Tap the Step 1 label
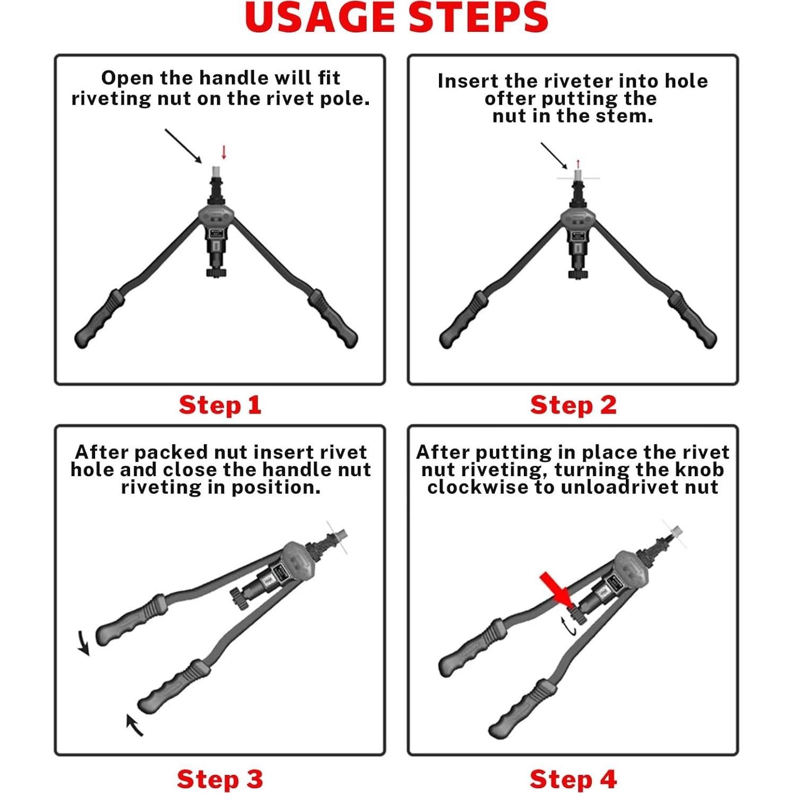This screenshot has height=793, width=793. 220,405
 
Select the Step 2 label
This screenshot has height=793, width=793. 573,405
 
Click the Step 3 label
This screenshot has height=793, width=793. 220,779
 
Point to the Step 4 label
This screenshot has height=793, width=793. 573,779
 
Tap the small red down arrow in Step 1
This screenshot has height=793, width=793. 224,152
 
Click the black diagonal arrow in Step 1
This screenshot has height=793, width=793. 184,146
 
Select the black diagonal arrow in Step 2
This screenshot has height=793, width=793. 554,156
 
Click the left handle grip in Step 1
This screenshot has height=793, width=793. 100,318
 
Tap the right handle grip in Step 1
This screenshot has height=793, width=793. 333,318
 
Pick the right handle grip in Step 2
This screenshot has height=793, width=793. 692,319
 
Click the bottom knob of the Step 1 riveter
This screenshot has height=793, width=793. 216,272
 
